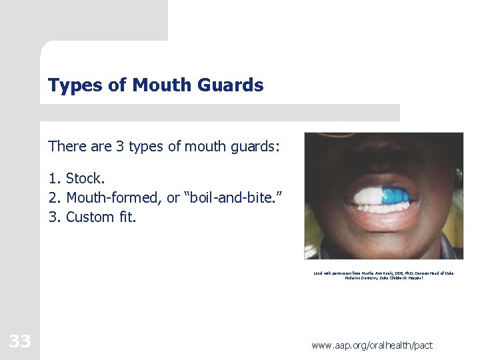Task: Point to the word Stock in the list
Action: [84, 179]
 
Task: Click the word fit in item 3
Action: [127, 217]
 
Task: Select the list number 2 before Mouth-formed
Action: [53, 198]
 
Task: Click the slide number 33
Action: [19, 342]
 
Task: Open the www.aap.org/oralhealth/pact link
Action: [371, 345]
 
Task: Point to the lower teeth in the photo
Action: [383, 207]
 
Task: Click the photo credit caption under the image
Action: [383, 275]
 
